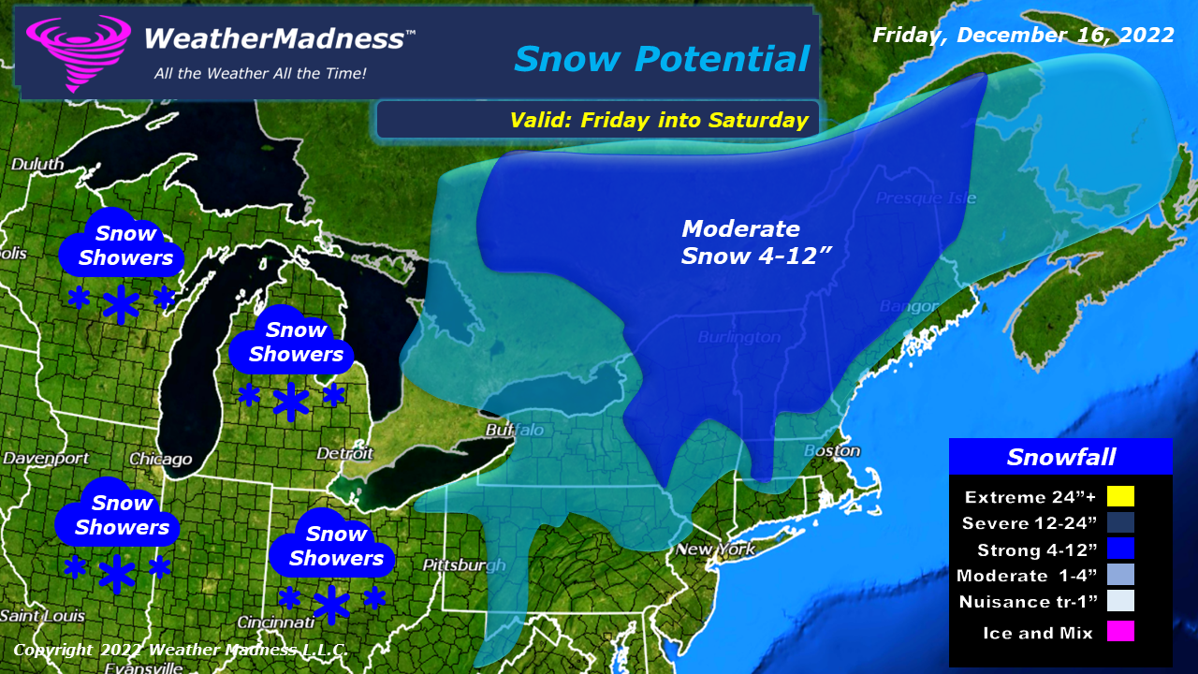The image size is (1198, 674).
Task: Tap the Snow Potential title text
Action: click(661, 59)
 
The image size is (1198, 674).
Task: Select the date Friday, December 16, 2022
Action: click(1023, 36)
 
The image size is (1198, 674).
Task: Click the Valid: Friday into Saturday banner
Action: click(658, 120)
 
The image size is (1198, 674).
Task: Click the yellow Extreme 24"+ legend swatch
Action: click(1119, 496)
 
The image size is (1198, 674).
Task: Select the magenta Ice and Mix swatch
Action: click(1119, 632)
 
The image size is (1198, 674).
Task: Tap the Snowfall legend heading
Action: click(1060, 457)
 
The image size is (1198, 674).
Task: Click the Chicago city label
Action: click(161, 460)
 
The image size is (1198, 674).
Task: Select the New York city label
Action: click(715, 549)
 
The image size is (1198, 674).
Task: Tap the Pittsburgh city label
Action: click(463, 565)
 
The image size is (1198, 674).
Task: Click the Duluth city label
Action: click(37, 164)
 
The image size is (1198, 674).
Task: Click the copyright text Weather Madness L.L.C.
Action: click(181, 650)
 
